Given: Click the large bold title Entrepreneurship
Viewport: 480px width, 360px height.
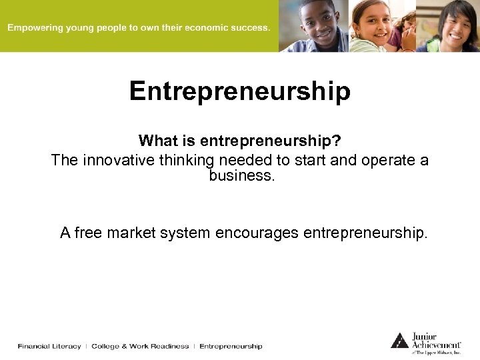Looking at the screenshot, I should pos(239,91).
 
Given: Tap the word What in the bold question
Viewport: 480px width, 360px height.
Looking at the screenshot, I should pos(155,141).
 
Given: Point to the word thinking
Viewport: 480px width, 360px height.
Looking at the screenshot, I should pos(187,161).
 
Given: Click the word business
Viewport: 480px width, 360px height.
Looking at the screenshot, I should pos(239,177).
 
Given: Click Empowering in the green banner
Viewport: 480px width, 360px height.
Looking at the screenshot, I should pos(34,28).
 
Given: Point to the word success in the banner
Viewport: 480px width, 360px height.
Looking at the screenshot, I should pos(251,28).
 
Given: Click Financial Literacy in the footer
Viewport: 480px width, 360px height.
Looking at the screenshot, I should pos(49,346).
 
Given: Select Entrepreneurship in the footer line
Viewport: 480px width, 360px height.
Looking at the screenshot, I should pos(231,346).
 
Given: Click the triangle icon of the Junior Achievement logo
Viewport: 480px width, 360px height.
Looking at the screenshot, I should pos(399,340).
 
